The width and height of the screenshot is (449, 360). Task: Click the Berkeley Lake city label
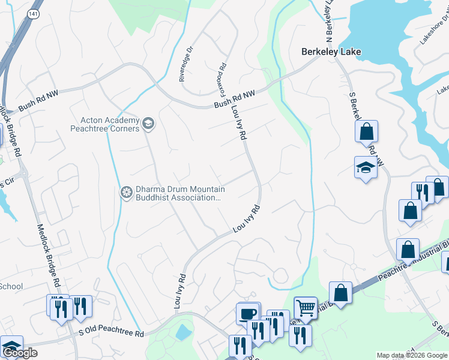tap(331, 52)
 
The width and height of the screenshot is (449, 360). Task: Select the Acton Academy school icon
tap(148, 125)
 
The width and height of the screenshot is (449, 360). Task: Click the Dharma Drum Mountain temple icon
tap(126, 192)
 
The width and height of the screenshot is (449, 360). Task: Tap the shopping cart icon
tap(306, 308)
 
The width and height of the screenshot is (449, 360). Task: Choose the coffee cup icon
tap(248, 313)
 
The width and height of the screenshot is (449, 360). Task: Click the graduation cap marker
tap(366, 167)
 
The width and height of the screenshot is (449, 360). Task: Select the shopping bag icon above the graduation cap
tap(366, 131)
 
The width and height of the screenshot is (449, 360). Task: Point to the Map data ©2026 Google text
tap(412, 355)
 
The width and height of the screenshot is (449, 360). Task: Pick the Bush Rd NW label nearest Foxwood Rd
tap(235, 100)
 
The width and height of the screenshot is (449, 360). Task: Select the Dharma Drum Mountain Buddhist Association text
tap(177, 193)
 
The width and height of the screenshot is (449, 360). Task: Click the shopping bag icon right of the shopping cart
tap(340, 293)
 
